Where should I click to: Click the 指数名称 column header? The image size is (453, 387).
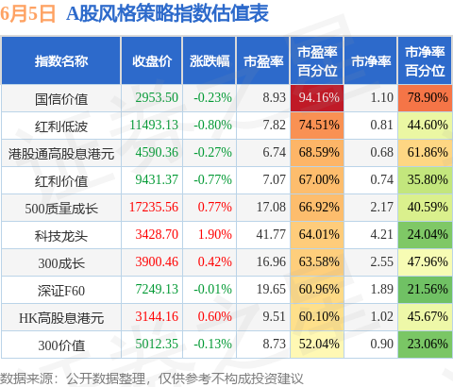click(61, 61)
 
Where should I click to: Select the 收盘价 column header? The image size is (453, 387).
click(152, 61)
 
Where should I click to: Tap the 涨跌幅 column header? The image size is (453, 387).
click(210, 61)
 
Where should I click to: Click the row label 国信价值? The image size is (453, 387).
click(61, 99)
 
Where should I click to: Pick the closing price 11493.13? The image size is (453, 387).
click(154, 126)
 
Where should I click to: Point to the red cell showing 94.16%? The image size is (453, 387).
click(317, 98)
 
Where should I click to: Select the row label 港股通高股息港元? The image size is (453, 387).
click(61, 154)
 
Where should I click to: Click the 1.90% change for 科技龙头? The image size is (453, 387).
click(215, 235)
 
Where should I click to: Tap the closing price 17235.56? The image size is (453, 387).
click(154, 208)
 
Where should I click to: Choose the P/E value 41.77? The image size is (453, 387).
click(271, 235)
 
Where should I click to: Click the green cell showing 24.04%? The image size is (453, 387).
click(425, 235)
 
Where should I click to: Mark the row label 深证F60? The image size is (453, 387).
click(61, 291)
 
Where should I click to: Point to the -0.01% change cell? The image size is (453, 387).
click(212, 290)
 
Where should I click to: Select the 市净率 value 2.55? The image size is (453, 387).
click(382, 262)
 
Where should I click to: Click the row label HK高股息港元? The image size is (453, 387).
click(61, 318)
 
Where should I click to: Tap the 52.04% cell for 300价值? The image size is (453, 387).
click(317, 345)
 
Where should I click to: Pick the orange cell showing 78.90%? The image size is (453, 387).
click(425, 98)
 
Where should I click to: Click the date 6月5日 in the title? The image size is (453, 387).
click(27, 14)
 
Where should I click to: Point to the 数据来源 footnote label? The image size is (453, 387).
click(26, 379)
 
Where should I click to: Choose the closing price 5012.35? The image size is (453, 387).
click(157, 345)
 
